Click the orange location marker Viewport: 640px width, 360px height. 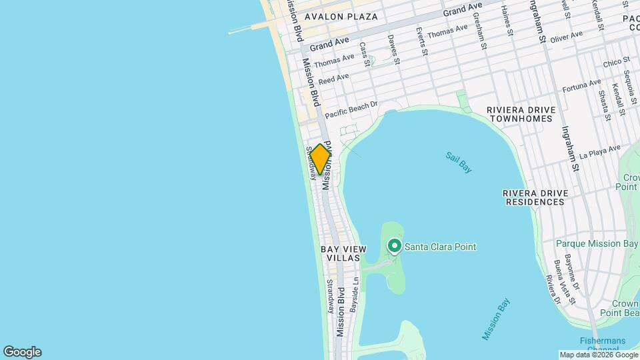point(321,159)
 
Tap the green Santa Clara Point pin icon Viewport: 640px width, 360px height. point(394,247)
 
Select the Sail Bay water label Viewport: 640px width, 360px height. point(459,162)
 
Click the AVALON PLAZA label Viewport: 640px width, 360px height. point(341,17)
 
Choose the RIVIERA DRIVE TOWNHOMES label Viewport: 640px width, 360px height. point(519,114)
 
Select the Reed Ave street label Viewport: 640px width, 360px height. point(334,79)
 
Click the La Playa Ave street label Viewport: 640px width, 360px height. point(599,152)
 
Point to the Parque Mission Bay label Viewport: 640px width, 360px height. point(597,244)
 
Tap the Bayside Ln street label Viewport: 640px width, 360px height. point(355,296)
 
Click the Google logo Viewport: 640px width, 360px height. point(22,352)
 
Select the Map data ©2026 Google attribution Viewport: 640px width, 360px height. point(598,355)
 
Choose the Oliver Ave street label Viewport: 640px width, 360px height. point(567,35)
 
